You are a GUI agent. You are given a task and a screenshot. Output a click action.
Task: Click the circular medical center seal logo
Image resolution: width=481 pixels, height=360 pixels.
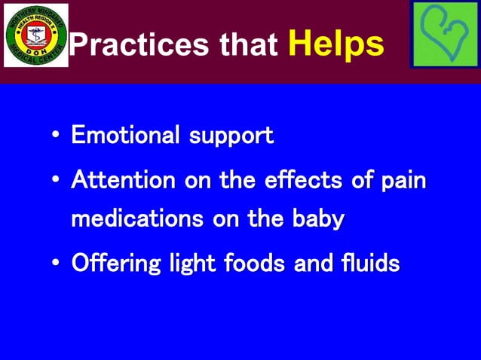coord(35,35)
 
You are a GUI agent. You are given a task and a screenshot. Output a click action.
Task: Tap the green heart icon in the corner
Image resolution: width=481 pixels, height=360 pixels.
coord(445,35)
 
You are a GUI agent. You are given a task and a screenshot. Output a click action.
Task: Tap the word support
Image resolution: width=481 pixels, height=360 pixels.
coord(231,137)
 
